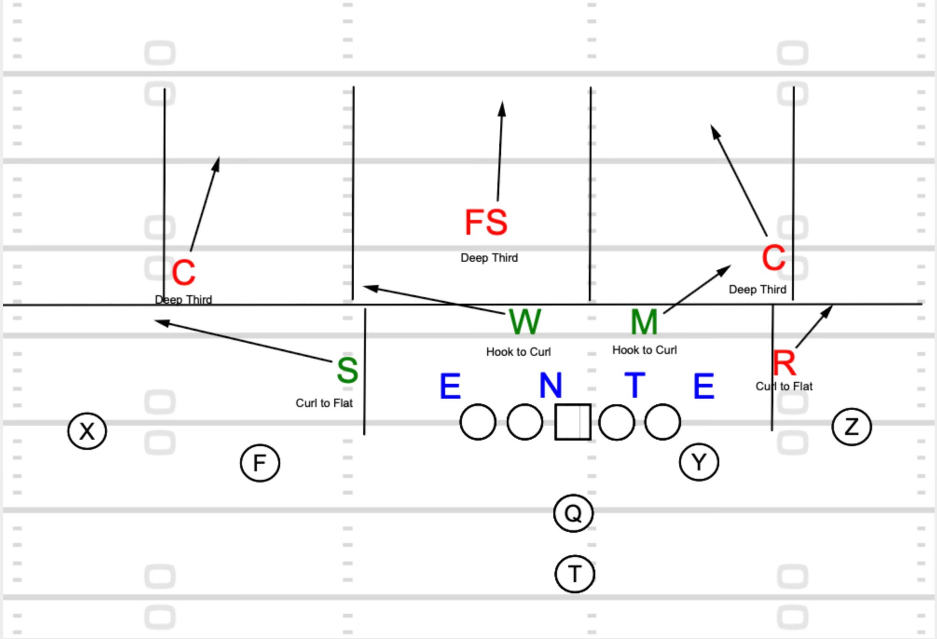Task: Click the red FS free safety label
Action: (486, 222)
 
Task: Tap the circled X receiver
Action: (87, 431)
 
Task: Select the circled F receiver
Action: (260, 463)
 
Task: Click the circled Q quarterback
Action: (573, 513)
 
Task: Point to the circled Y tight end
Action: (699, 462)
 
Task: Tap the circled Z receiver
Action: (851, 427)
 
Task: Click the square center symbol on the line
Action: (573, 422)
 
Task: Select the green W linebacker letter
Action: (525, 321)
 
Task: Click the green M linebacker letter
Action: (644, 322)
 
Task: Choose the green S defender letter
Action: (347, 370)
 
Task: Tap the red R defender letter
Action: (785, 363)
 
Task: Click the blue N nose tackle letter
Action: (551, 385)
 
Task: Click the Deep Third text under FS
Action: (489, 258)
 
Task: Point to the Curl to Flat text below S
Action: (324, 403)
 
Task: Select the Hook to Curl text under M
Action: (644, 350)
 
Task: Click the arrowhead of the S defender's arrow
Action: (158, 321)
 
